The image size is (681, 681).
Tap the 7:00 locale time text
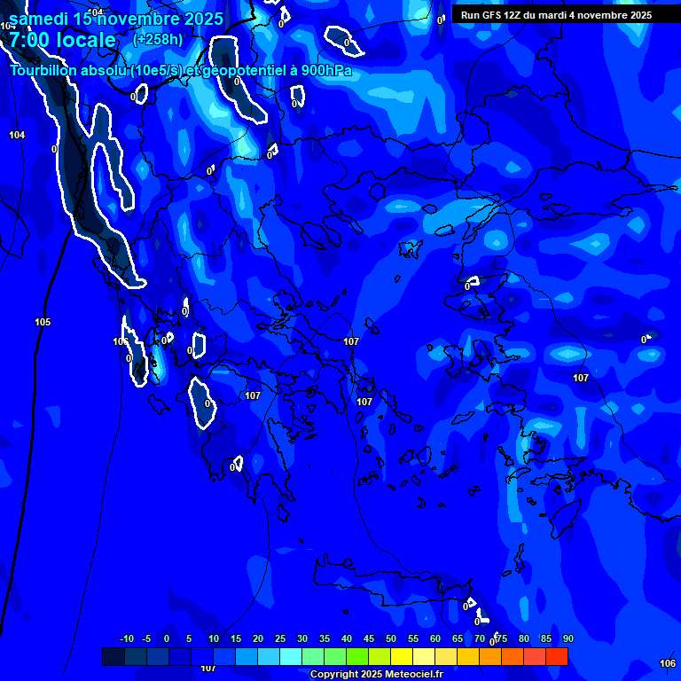click(63, 40)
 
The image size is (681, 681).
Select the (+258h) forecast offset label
click(158, 39)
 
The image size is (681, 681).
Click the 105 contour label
click(43, 322)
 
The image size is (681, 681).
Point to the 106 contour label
click(668, 663)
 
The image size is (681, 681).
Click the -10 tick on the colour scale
click(126, 638)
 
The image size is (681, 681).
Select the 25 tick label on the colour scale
click(280, 638)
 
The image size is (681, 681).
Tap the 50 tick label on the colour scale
click(391, 638)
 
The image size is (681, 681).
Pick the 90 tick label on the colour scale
click(567, 638)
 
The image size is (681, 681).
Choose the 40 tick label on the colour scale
click(347, 638)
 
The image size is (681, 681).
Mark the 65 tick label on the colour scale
click(458, 638)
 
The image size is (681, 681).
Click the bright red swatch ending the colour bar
click(557, 656)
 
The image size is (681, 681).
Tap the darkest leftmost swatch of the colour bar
click(113, 656)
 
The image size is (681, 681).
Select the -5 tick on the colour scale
click(146, 638)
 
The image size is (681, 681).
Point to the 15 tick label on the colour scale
click(236, 638)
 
